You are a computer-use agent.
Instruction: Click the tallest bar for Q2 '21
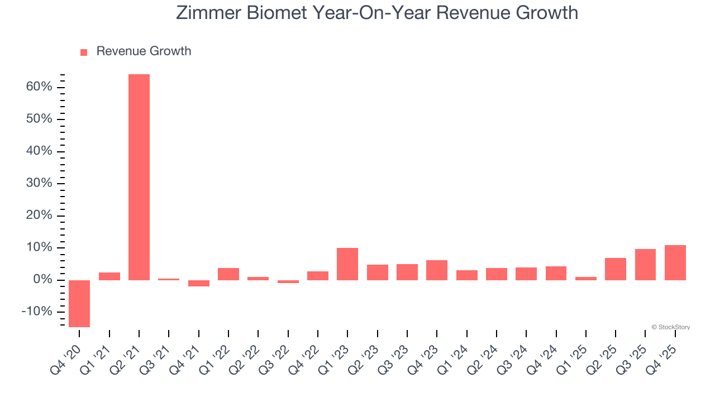tap(139, 177)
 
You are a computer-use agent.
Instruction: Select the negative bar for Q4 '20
tap(79, 303)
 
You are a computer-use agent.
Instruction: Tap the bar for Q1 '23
tap(347, 264)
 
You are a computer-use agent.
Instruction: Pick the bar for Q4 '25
tap(675, 262)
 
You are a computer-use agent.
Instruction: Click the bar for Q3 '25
tap(645, 264)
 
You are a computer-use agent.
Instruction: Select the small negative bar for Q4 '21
tap(199, 283)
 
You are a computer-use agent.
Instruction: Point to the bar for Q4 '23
tap(437, 270)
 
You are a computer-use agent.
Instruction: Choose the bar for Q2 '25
tap(616, 269)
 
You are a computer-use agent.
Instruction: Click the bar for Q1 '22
tap(228, 274)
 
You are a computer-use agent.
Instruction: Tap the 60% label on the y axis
tap(39, 87)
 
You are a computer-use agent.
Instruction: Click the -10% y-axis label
tap(37, 312)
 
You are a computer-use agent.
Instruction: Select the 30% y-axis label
tap(39, 183)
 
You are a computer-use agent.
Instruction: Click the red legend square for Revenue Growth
tap(84, 52)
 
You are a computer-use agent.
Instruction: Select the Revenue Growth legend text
tap(144, 51)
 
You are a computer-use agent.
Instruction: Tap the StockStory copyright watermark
tap(670, 327)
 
